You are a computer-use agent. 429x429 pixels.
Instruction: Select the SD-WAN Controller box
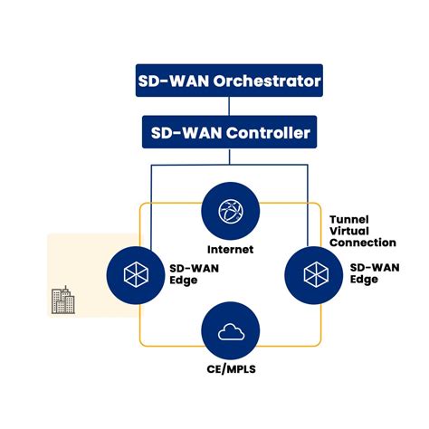point(229,134)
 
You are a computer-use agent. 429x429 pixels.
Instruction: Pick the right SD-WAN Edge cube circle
point(314,272)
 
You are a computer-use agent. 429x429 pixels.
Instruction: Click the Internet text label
point(229,249)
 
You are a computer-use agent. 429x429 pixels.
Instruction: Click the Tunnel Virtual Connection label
point(362,230)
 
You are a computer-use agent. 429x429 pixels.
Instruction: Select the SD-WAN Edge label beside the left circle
point(191,273)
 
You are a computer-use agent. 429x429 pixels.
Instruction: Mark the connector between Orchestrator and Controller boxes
point(229,107)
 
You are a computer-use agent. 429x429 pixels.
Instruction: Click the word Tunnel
point(350,217)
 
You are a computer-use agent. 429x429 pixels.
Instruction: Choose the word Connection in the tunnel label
point(363,243)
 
